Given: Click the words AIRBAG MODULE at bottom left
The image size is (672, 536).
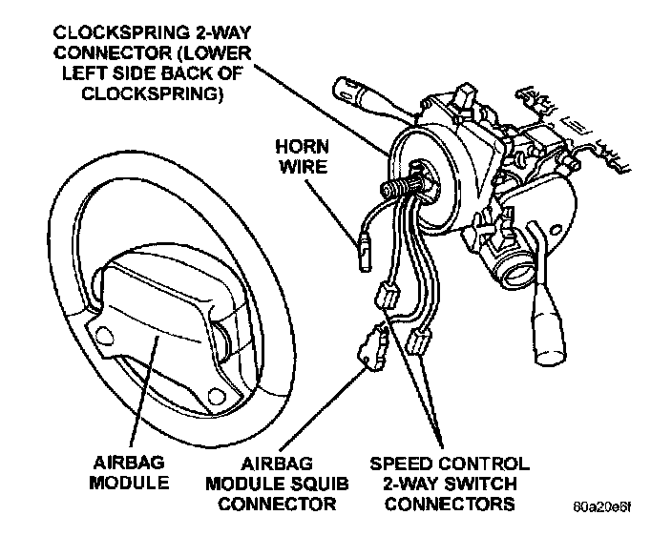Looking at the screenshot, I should (x=129, y=472).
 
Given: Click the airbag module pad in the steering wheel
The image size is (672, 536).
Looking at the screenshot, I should (x=158, y=320).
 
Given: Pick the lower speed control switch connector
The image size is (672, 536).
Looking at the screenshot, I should (x=417, y=343).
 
